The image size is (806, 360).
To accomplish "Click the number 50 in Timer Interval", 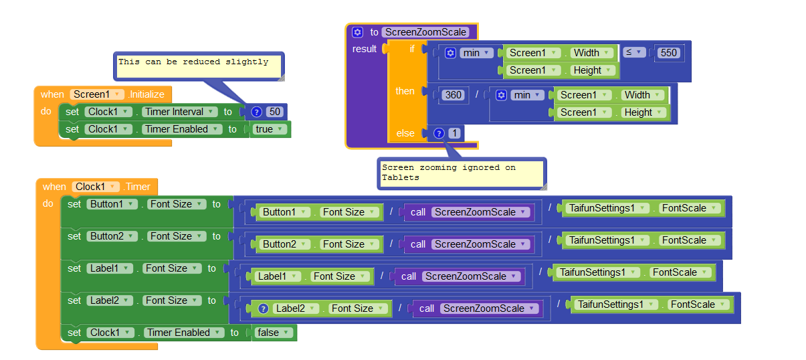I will tap(275, 112).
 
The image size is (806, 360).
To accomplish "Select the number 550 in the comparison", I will tap(669, 52).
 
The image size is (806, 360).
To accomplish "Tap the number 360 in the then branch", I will tap(454, 95).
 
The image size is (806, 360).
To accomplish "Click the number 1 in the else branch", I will tap(455, 133).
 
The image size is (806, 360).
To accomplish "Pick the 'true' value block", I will tap(270, 129).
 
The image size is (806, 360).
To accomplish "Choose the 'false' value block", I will tap(274, 333).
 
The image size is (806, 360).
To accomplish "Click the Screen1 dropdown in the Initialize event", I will tap(98, 94).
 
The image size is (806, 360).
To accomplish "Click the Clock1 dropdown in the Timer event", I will tap(96, 187).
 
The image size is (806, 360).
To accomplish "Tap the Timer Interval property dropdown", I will tap(179, 112).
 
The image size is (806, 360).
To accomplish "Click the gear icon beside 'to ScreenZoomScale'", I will tap(357, 31).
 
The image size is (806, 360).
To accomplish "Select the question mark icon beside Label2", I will tap(263, 308).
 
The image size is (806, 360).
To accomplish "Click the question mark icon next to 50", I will tap(257, 112).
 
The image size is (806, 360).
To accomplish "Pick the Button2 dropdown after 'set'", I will tap(112, 236).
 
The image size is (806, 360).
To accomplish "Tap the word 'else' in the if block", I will tap(405, 133).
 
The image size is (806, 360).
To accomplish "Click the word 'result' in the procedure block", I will tap(365, 49).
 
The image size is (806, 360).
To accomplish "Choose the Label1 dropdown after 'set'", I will tap(110, 268).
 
